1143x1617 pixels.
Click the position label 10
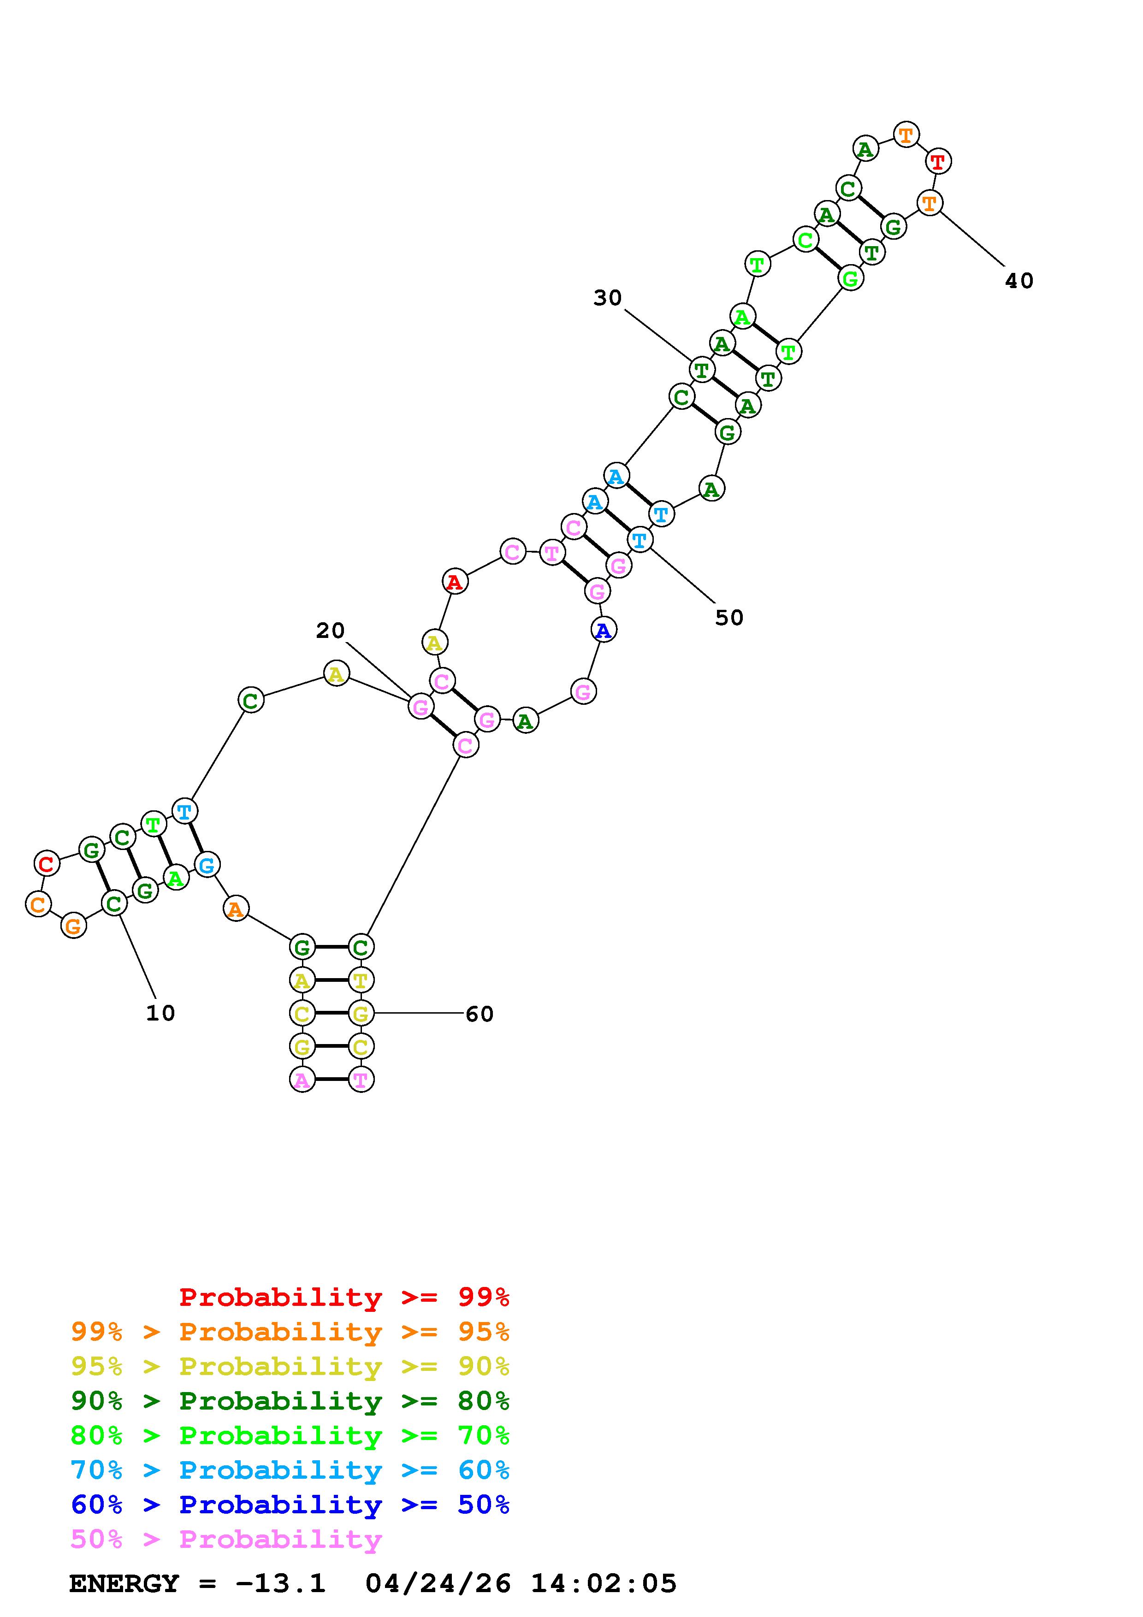160,1013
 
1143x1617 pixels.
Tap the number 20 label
330,630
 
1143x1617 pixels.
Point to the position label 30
607,298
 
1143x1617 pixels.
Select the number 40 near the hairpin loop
1019,281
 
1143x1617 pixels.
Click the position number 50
729,618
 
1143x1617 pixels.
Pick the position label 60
480,1014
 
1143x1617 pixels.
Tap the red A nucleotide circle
455,582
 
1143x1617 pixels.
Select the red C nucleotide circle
47,863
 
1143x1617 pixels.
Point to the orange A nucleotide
236,909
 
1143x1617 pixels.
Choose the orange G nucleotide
73,926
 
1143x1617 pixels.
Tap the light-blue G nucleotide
207,864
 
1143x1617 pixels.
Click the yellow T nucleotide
361,980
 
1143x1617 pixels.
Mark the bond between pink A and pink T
331,1079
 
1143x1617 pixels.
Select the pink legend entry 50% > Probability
226,1539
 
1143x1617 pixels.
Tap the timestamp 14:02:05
604,1583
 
